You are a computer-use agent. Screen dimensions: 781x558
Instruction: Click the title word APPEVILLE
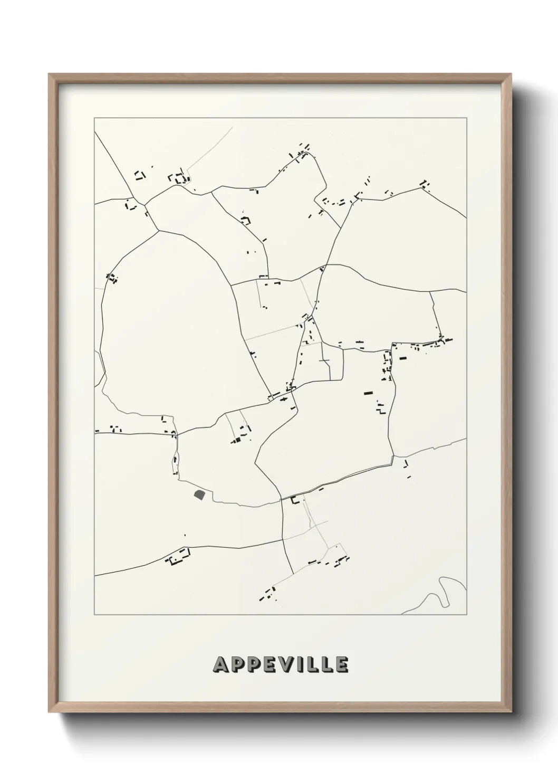[x=280, y=664]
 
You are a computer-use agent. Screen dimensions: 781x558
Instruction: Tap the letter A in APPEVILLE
[x=220, y=665]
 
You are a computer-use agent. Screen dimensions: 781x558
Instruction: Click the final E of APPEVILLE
[x=341, y=665]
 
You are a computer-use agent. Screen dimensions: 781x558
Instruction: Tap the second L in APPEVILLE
[x=327, y=665]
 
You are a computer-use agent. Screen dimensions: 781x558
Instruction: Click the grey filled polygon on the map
[x=199, y=494]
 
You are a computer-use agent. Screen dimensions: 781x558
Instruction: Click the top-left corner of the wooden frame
[x=50, y=74]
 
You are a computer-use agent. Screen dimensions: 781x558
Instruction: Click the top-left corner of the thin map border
[x=94, y=117]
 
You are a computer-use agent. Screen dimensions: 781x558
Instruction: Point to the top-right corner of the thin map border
[x=467, y=117]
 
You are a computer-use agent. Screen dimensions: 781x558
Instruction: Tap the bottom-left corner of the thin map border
[x=94, y=615]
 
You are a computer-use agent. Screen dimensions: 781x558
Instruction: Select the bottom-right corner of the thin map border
[x=467, y=615]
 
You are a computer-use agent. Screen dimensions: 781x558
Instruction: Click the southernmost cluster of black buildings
[x=267, y=595]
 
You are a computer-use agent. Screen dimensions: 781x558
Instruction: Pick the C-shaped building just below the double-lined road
[x=295, y=499]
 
